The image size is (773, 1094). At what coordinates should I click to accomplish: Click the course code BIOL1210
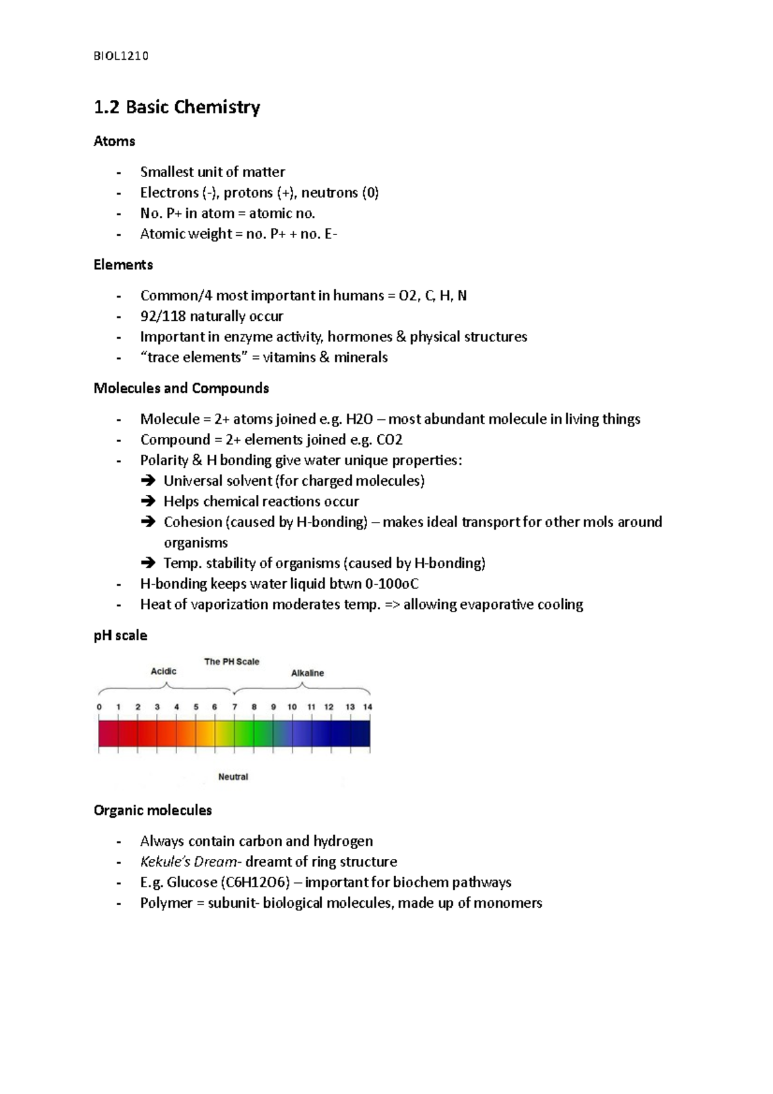tap(121, 56)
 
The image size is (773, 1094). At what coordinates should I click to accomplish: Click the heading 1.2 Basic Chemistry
tap(177, 107)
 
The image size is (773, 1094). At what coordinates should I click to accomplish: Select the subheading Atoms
tap(114, 141)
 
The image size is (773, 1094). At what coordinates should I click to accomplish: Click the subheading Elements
tap(123, 265)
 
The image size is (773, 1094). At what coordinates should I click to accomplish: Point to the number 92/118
tap(162, 316)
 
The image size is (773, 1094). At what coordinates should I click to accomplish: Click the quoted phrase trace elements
tap(194, 358)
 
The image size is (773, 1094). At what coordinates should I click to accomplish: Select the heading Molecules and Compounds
tap(181, 389)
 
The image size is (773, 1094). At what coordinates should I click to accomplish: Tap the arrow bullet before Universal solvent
tap(148, 481)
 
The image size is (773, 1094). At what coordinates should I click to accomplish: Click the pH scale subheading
tap(120, 636)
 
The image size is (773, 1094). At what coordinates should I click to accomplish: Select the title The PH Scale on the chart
tap(231, 662)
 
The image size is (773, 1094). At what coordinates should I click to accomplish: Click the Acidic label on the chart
tap(163, 671)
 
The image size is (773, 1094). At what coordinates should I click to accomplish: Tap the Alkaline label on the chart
tap(307, 673)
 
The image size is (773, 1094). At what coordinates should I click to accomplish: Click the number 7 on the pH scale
tap(234, 707)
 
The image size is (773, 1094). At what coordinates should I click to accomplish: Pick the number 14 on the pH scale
tap(368, 707)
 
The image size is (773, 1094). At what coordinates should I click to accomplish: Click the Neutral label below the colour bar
tap(233, 777)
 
